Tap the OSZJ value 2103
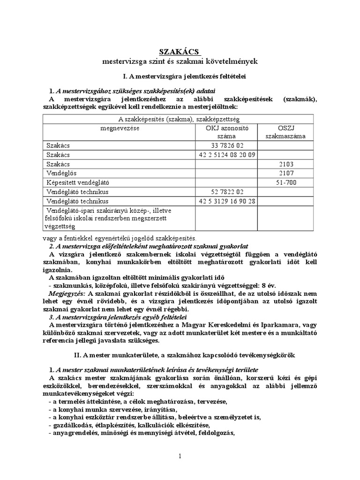coord(286,164)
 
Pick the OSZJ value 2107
coord(286,173)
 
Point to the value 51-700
coord(286,182)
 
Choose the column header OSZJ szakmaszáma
coord(286,132)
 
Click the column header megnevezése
coord(119,127)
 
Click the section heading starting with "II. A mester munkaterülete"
coord(180,355)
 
